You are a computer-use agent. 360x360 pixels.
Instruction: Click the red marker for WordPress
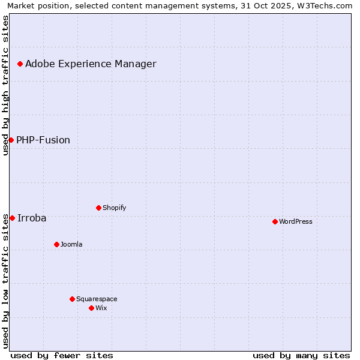coord(275,221)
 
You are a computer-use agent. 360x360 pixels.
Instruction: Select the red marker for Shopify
coord(98,208)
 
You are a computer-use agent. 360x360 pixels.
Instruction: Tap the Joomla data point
coord(56,244)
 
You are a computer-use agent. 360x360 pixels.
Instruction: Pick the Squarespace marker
coord(72,299)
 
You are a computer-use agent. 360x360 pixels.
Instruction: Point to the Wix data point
coord(91,308)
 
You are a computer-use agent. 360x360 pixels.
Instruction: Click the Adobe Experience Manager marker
coord(20,64)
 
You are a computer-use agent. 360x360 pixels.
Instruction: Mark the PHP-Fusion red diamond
coord(11,140)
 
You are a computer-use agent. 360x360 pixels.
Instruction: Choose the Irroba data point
coord(12,218)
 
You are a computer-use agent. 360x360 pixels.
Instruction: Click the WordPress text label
coord(296,221)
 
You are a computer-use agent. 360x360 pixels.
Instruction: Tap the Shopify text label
coord(114,208)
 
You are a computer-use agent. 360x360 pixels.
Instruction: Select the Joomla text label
coord(71,244)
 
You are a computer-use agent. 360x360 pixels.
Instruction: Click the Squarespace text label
coord(97,299)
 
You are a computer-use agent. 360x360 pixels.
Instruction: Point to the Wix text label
coord(101,308)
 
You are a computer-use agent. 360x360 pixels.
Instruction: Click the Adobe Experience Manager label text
coord(91,64)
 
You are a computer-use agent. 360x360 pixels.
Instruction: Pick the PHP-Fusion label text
coord(43,140)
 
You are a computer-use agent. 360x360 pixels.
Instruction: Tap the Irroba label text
coord(32,218)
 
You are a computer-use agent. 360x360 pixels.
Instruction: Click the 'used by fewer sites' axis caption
coord(62,355)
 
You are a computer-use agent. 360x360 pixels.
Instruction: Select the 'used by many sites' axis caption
coord(301,355)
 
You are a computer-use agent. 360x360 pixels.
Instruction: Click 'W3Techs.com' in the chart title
coord(326,5)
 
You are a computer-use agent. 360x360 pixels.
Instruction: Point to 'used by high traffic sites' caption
coord(5,85)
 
